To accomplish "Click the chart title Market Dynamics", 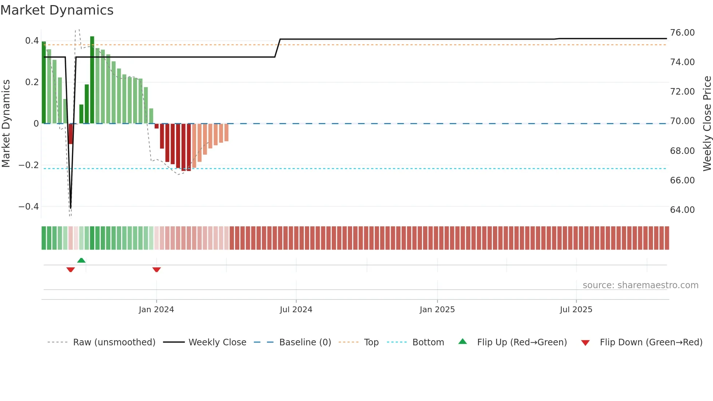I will point(57,10).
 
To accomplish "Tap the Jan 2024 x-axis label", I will point(156,310).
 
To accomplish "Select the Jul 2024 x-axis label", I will point(296,310).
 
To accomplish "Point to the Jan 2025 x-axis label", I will point(437,310).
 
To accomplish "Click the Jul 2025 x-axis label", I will point(576,310).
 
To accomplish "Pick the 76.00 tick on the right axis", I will point(682,33).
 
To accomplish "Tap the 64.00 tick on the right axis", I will point(682,210).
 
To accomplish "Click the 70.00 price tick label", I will point(682,121).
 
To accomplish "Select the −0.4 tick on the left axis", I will point(29,207).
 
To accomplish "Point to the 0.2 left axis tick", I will point(32,82).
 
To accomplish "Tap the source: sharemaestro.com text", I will point(640,285).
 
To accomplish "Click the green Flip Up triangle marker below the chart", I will point(81,260).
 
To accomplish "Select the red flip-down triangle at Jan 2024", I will point(156,270).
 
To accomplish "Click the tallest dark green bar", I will point(92,80).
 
